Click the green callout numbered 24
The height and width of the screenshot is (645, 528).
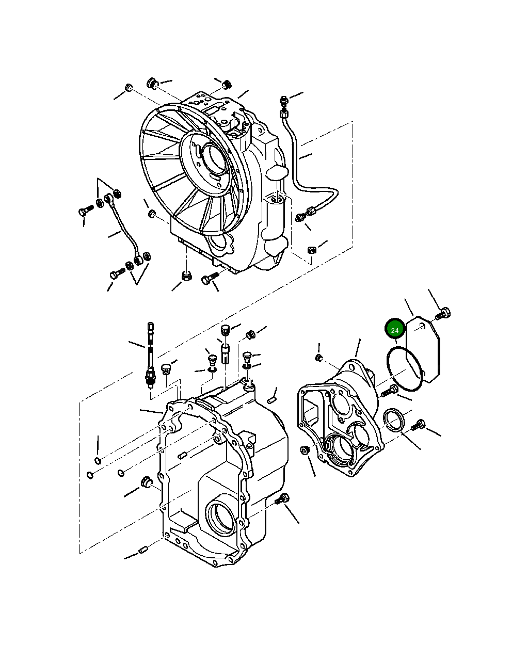pyautogui.click(x=395, y=329)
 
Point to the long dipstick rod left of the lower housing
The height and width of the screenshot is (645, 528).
pyautogui.click(x=150, y=356)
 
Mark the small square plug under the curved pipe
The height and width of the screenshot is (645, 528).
pyautogui.click(x=311, y=250)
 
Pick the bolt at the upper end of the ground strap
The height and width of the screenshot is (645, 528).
pyautogui.click(x=86, y=211)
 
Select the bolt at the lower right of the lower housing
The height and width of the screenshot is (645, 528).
pyautogui.click(x=283, y=499)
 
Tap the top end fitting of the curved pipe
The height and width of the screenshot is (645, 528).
pyautogui.click(x=283, y=100)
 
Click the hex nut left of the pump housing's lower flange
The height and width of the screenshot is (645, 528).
pyautogui.click(x=305, y=450)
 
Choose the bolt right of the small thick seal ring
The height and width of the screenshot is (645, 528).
pyautogui.click(x=419, y=425)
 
